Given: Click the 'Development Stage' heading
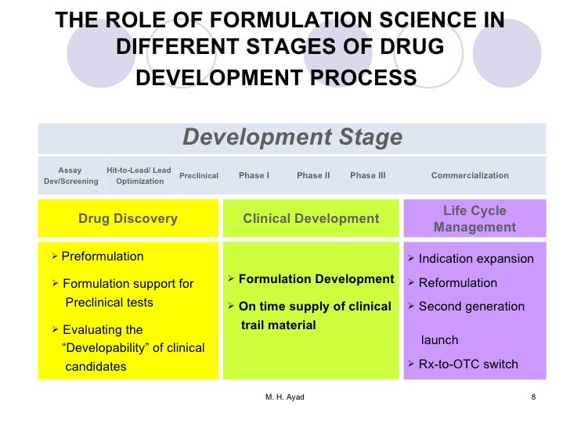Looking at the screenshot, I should (292, 138).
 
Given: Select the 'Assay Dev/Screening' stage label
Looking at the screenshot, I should (70, 176).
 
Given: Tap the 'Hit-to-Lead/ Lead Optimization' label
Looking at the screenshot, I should (139, 176).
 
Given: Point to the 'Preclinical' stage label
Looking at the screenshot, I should (199, 176).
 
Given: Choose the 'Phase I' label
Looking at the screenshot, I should (254, 176).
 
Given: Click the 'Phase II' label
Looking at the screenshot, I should (313, 176).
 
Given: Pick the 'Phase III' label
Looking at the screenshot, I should (367, 176).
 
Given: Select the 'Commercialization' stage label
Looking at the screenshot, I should (470, 176).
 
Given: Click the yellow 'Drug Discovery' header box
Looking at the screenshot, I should (128, 219).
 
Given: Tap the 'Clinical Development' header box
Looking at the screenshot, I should (311, 219).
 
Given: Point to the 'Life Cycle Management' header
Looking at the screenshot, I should (474, 219).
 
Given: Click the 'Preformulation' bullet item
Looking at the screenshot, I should (102, 257).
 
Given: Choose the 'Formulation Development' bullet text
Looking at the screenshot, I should (316, 279).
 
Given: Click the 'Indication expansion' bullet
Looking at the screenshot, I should (476, 260).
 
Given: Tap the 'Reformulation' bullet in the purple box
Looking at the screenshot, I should (458, 283).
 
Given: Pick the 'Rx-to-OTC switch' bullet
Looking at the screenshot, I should (468, 364).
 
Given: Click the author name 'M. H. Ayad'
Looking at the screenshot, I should (284, 397).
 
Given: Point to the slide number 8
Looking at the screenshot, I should (533, 397).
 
